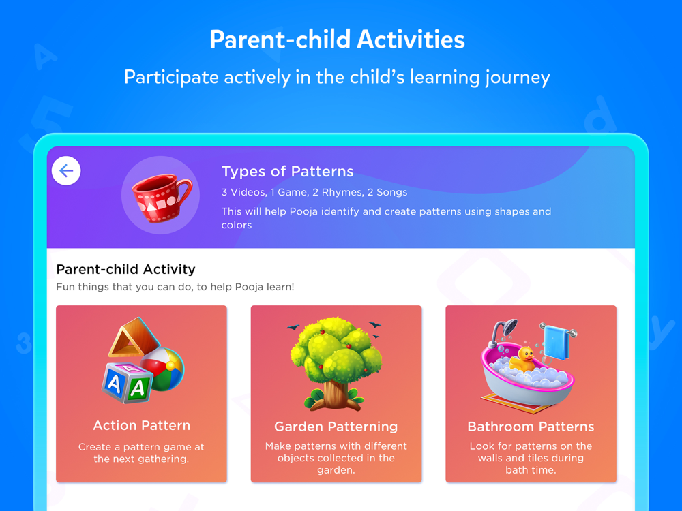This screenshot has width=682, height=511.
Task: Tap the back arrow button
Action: pos(66,171)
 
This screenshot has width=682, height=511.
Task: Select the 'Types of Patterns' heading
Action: pos(288,171)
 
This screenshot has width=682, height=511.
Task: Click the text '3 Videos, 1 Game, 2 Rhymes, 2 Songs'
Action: pos(314,193)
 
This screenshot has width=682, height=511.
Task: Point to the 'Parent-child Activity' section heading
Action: pos(125,269)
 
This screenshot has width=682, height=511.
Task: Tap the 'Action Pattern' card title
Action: pos(142,425)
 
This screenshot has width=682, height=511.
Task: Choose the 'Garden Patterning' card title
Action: pos(336,427)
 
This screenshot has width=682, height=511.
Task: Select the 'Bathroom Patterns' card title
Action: pos(531,427)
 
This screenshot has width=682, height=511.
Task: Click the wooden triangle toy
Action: pos(133,338)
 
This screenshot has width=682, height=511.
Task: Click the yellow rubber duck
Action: pos(523,359)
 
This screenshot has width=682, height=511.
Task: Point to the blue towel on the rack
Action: pos(557,342)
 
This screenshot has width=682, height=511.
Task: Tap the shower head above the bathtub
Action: pos(505,331)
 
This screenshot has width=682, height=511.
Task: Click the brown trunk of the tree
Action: pos(336,394)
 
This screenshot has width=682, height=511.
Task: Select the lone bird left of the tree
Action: pos(293,327)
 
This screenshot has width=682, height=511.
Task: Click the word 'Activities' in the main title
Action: pos(411,40)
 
